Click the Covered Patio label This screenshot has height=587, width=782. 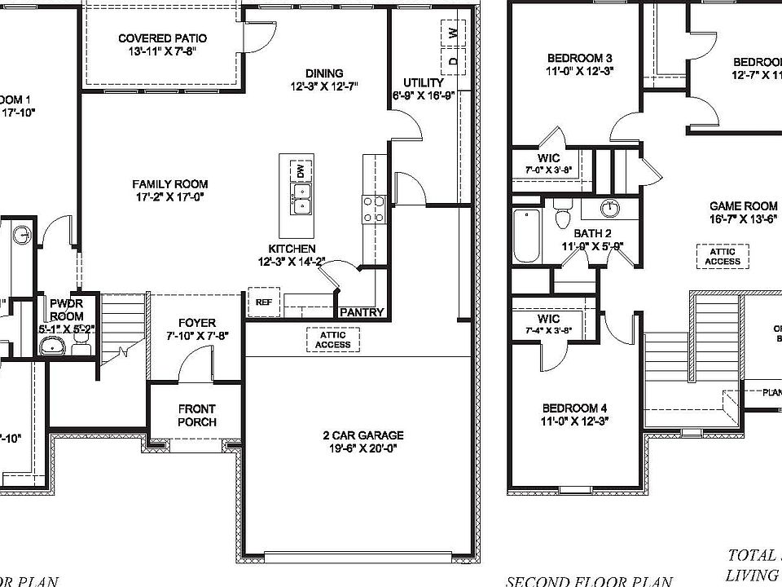pos(162,38)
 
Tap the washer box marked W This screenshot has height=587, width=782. pos(452,33)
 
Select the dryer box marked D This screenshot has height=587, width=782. pos(452,60)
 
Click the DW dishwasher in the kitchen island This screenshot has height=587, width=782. pos(300,171)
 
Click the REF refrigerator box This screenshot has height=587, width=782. pos(263,301)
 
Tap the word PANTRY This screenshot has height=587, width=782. pos(361,311)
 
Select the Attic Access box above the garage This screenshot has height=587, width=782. pos(334,339)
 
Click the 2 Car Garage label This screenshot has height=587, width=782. pos(362,435)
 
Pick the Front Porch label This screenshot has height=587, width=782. pos(196,415)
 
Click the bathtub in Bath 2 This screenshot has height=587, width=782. pos(527,236)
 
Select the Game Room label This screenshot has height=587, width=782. pos(743,206)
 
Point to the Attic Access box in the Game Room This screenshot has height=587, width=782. pos(723,256)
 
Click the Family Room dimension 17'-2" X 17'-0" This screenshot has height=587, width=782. pos(170,196)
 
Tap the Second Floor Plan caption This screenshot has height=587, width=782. pos(589,581)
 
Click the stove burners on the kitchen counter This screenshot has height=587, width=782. pos(374,210)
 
